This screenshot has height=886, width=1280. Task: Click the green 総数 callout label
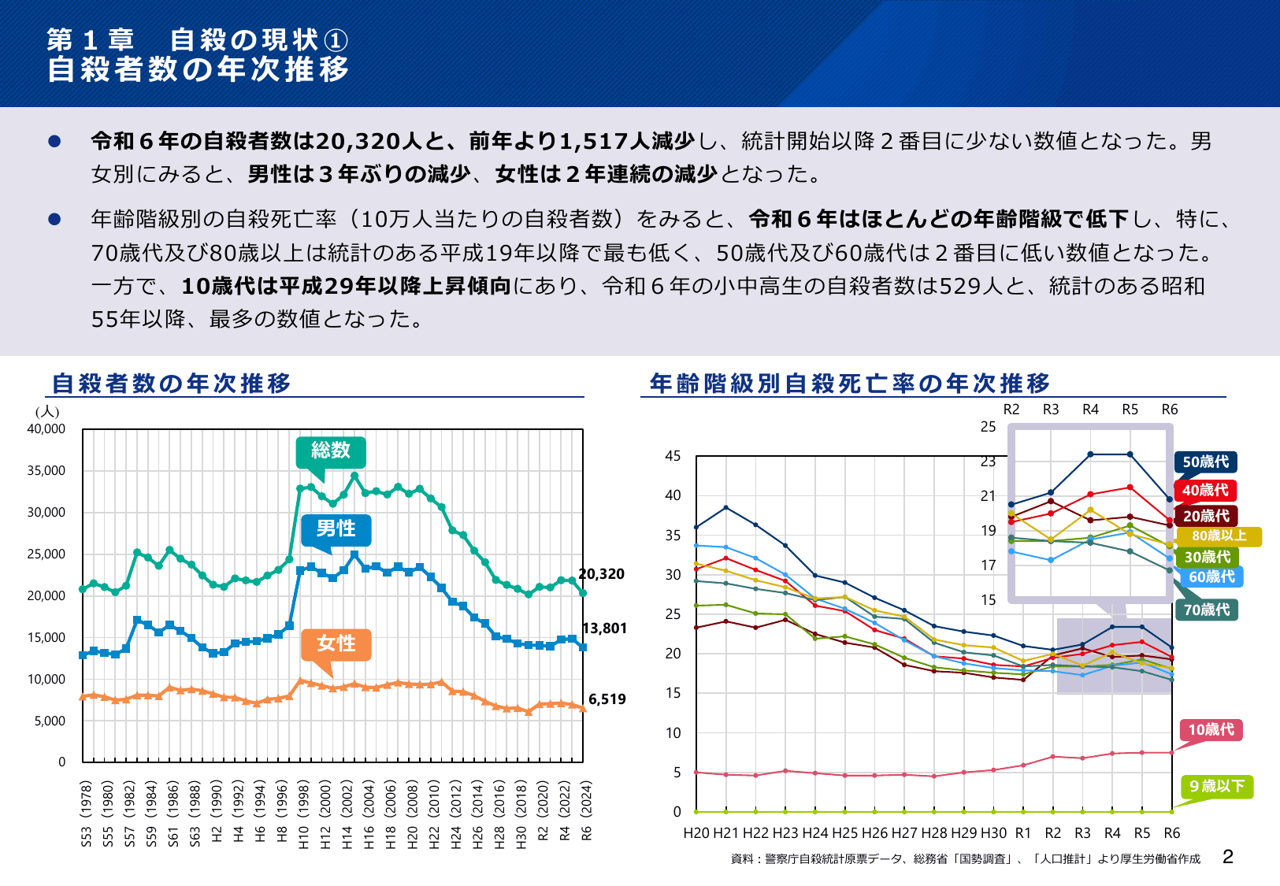point(331,451)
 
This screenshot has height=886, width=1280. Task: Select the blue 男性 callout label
point(336,529)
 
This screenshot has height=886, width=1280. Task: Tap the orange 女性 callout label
point(336,644)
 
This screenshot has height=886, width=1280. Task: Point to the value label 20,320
point(602,574)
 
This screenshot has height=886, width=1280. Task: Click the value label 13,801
point(604,628)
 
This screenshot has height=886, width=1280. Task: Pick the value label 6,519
point(607,699)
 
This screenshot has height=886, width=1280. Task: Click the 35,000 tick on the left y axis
point(46,471)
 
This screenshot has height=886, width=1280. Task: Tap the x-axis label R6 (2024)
point(586,811)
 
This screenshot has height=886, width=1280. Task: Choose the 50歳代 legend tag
point(1205,462)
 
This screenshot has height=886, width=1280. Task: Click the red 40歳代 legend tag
point(1205,491)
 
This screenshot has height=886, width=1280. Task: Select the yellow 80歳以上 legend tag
point(1219,536)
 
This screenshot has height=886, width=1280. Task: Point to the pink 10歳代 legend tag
point(1211,730)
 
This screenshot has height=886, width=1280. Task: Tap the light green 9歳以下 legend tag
point(1216,787)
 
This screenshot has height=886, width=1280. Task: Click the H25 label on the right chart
point(844,833)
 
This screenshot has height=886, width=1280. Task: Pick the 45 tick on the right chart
point(673,456)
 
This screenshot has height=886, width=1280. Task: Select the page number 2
point(1227,858)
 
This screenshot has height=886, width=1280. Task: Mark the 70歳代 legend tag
point(1206,610)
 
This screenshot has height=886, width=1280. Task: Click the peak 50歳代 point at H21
point(726,507)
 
